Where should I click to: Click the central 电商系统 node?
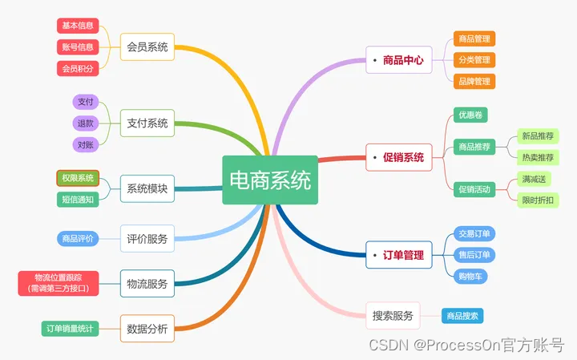pos(270,180)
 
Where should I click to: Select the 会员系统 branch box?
pos(147,47)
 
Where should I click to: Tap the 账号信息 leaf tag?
pos(78,47)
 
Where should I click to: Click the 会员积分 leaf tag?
pos(78,69)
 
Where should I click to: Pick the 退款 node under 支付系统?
pos(85,123)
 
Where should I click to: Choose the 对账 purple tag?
pos(85,145)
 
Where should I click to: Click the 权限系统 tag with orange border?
pos(78,178)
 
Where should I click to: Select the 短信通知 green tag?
pos(78,199)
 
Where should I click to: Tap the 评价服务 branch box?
pos(147,238)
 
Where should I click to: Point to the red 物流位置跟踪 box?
pos(58,282)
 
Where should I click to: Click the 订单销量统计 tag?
pos(70,327)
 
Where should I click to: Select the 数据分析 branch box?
pos(147,327)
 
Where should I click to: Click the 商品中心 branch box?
pos(398,59)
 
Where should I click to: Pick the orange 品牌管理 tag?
pos(474,81)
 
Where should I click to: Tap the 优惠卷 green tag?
pos(470,115)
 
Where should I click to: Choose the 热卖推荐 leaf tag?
pos(538,157)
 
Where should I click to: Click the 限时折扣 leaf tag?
pos(538,200)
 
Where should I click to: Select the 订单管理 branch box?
pos(398,255)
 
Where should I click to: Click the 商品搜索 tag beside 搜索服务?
pos(462,316)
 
